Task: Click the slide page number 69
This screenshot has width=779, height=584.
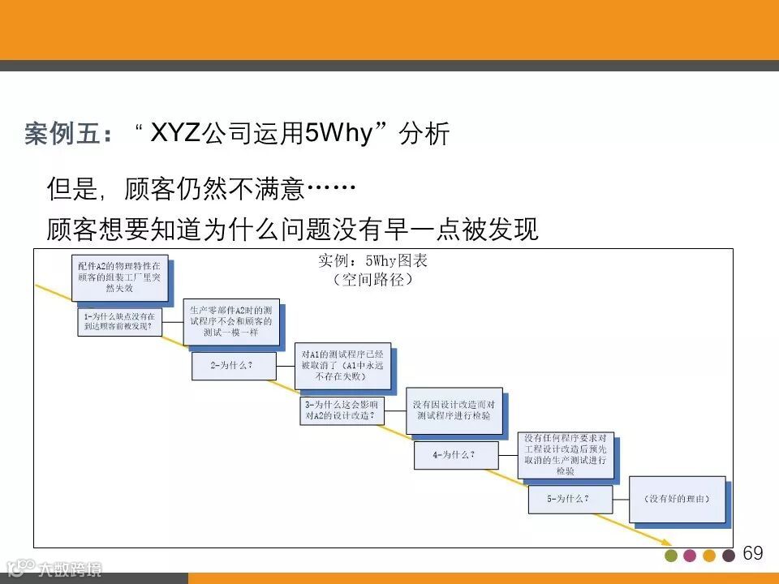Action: tap(753, 553)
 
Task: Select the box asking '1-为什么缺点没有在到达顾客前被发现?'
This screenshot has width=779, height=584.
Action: tap(119, 321)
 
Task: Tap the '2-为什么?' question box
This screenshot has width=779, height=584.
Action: tap(232, 366)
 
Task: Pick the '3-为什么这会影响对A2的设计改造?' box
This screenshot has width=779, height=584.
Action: tap(341, 409)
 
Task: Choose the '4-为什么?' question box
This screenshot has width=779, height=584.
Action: tap(455, 455)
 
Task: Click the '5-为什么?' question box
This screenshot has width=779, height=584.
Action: tap(569, 499)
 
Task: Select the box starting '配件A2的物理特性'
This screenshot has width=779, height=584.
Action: tap(118, 277)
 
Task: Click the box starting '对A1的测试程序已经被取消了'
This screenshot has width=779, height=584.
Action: tap(342, 365)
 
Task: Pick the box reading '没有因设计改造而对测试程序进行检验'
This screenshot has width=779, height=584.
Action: tap(453, 410)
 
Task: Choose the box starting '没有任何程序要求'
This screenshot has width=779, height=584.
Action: tap(566, 454)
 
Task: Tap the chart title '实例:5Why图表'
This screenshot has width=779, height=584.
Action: tap(372, 261)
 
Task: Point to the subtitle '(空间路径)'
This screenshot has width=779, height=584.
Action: tap(372, 279)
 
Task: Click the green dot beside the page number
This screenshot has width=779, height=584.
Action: tap(670, 556)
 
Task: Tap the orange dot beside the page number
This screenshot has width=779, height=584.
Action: tap(709, 556)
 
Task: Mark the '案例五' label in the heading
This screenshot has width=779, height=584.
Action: tap(62, 134)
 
